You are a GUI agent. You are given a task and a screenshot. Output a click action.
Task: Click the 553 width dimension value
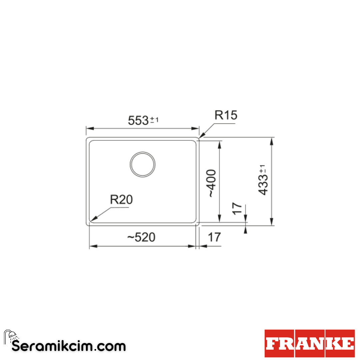pyautogui.click(x=138, y=121)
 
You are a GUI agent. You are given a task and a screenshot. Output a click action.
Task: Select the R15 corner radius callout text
pyautogui.click(x=226, y=115)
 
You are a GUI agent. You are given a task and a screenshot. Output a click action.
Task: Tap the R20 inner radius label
pyautogui.click(x=121, y=200)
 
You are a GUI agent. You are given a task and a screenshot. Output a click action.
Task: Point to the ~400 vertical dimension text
pyautogui.click(x=212, y=183)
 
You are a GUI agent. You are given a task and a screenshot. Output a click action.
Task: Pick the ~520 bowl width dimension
pyautogui.click(x=141, y=237)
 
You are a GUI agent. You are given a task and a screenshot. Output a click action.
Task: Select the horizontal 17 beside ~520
pyautogui.click(x=214, y=237)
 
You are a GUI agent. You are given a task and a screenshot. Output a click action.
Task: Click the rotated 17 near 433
pyautogui.click(x=237, y=208)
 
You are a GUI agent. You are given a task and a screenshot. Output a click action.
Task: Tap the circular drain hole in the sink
pyautogui.click(x=143, y=164)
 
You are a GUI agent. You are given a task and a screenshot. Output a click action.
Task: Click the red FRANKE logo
pyautogui.click(x=310, y=343)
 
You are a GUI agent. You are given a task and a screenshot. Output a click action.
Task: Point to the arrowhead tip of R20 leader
pyautogui.click(x=92, y=221)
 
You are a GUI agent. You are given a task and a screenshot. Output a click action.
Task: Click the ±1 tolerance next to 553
pyautogui.click(x=154, y=120)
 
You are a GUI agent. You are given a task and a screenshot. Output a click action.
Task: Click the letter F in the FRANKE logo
pyautogui.click(x=272, y=344)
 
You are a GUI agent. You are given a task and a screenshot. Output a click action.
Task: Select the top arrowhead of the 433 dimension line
pyautogui.click(x=272, y=140)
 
